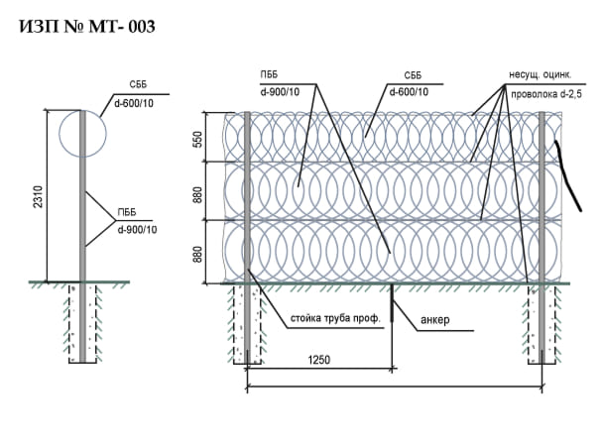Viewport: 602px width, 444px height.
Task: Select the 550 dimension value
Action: tap(198, 141)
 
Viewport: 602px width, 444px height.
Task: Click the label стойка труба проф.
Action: tap(335, 319)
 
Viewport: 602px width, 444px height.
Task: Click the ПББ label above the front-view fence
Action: tap(268, 75)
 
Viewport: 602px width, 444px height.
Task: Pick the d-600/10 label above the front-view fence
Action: tap(408, 92)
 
